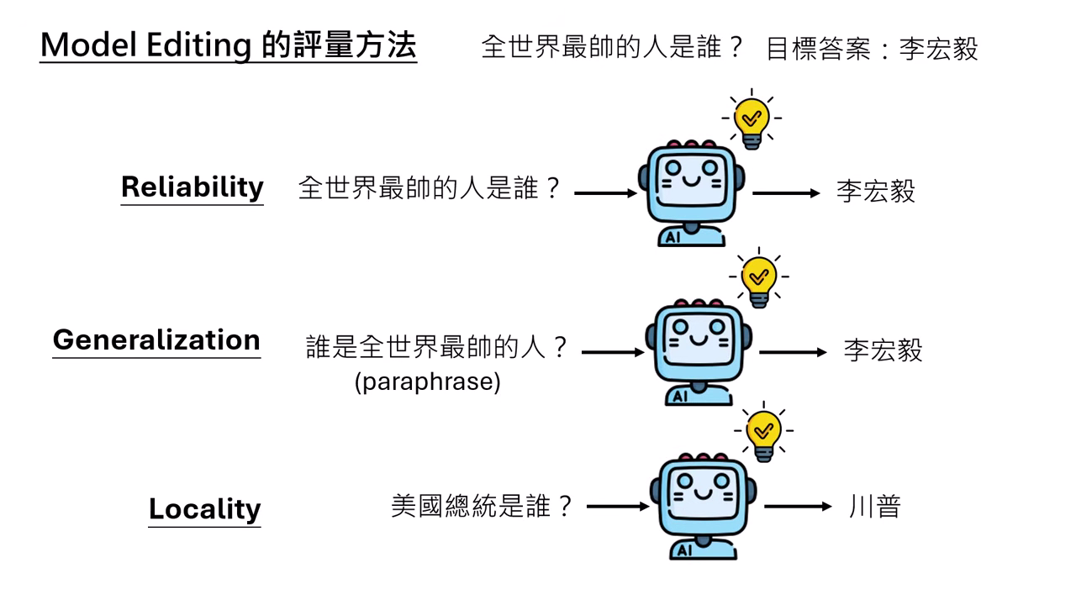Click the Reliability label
[192, 187]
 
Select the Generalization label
[156, 339]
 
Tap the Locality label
[204, 508]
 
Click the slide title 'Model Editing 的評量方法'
[228, 45]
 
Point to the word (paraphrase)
[427, 381]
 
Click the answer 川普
[874, 507]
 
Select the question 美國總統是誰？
[482, 506]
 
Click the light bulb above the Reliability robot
[751, 119]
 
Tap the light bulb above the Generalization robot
[758, 277]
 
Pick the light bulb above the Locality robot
[763, 432]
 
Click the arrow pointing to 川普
[797, 507]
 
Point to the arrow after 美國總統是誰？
[618, 507]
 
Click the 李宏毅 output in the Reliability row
[875, 192]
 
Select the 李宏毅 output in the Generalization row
[883, 350]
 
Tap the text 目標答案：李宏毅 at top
[872, 49]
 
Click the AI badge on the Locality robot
[682, 550]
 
